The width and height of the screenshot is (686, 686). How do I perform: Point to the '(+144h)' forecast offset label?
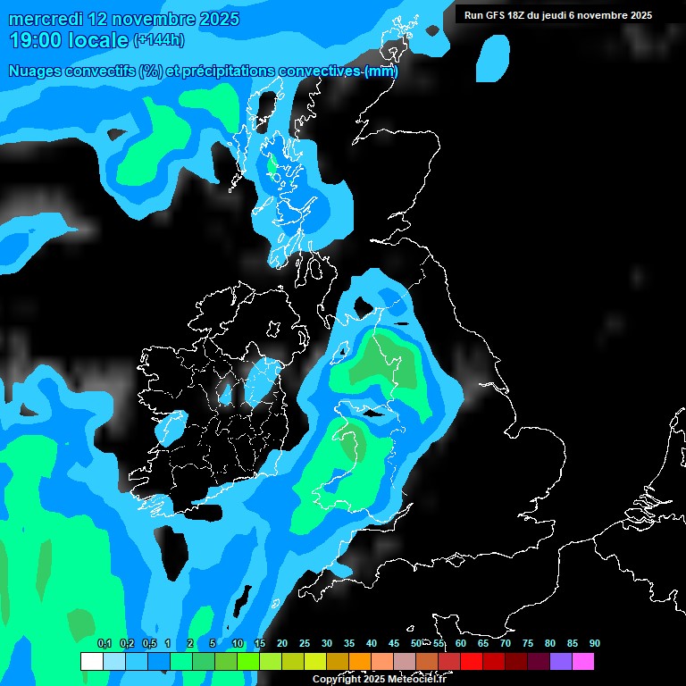click(158, 40)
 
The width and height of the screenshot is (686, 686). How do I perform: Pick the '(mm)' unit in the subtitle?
click(381, 71)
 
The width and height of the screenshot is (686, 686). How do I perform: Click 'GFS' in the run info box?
click(498, 15)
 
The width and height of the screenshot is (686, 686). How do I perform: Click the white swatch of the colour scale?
click(91, 662)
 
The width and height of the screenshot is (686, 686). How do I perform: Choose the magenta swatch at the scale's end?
click(583, 662)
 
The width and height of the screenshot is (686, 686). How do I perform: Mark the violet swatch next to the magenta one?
click(561, 662)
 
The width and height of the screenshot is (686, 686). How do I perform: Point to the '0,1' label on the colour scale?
click(104, 644)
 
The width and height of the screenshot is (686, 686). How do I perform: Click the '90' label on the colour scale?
click(595, 644)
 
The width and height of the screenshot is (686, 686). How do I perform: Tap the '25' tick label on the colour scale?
click(304, 644)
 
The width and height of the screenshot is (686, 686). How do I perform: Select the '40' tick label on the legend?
click(372, 644)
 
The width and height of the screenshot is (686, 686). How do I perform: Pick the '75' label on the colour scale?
click(528, 644)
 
